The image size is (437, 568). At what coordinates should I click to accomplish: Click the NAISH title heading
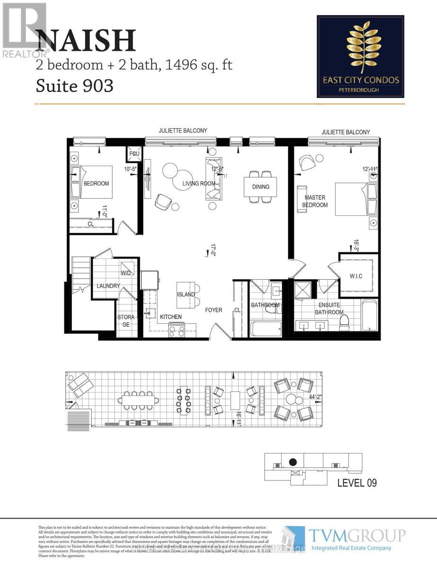tap(86, 41)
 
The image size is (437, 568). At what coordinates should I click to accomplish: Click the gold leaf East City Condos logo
tap(360, 47)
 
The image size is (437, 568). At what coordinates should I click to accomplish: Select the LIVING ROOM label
tap(199, 184)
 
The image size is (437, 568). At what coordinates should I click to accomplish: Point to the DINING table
tap(261, 186)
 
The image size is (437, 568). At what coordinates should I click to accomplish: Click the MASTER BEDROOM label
tap(316, 201)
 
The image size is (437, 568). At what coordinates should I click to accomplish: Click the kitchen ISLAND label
tap(186, 294)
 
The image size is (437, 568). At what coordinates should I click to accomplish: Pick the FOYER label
tap(213, 311)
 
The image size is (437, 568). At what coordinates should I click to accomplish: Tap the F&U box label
tap(132, 154)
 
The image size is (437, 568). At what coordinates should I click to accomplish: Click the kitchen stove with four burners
tap(177, 330)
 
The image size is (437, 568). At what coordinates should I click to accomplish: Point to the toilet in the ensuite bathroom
tap(344, 321)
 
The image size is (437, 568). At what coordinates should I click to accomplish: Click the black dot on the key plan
tap(293, 462)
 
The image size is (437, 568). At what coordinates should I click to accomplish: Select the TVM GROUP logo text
tap(357, 535)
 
